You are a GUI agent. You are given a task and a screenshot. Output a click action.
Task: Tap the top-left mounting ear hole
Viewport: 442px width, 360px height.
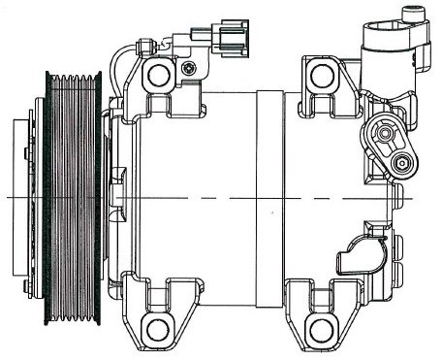pyautogui.click(x=159, y=76)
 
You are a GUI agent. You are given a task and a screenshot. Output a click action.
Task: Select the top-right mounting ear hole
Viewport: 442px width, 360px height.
pyautogui.click(x=321, y=76)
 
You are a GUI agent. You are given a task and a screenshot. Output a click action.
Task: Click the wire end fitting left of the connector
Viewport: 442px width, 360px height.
pyautogui.click(x=146, y=46)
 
